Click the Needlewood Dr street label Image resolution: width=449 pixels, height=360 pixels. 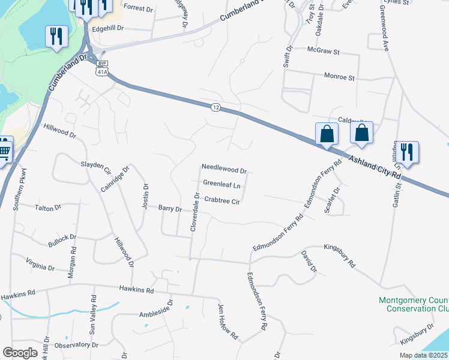click(x=224, y=170)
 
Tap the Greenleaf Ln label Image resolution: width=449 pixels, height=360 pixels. click(x=221, y=184)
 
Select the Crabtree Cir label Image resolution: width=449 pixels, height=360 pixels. click(x=222, y=200)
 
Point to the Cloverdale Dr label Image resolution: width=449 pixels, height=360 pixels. click(x=195, y=212)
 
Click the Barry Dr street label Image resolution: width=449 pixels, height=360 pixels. click(x=170, y=209)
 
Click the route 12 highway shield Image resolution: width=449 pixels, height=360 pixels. click(x=215, y=107)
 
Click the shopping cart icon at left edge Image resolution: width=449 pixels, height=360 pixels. click(x=4, y=149)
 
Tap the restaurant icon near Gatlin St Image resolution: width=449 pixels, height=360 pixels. click(x=407, y=152)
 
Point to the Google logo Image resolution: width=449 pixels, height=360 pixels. click(x=20, y=353)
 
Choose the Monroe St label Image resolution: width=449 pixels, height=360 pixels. click(x=340, y=78)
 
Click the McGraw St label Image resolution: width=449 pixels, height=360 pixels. click(x=323, y=50)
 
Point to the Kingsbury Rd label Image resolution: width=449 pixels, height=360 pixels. click(x=340, y=255)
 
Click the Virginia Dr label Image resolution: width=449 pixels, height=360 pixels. click(x=41, y=264)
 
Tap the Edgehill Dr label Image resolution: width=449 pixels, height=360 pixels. click(x=108, y=28)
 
